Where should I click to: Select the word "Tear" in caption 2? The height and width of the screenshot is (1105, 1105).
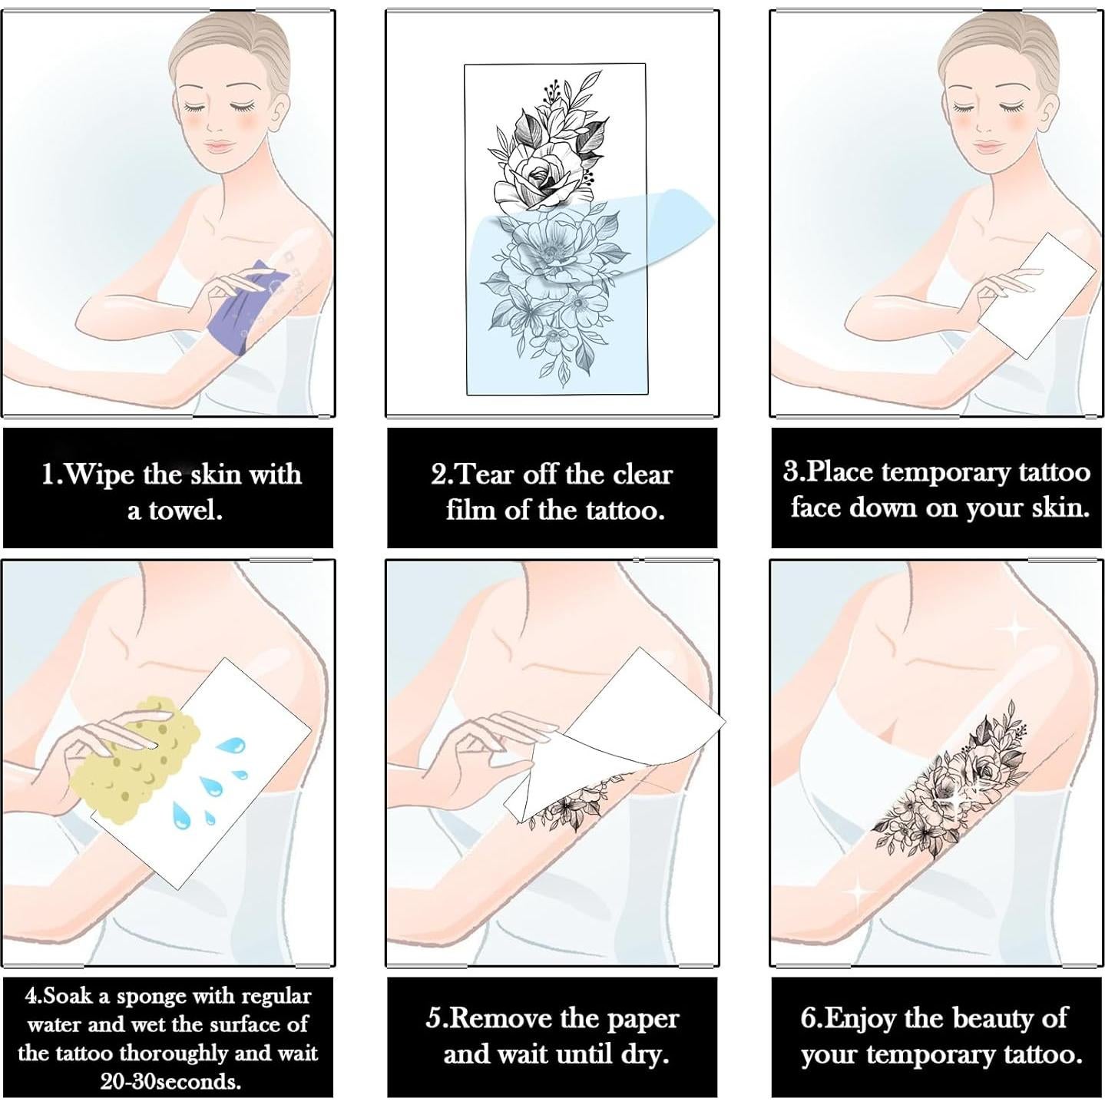click(486, 475)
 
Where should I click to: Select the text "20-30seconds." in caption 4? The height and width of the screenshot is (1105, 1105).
click(170, 1081)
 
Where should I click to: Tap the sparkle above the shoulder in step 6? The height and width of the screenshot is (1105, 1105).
click(1015, 629)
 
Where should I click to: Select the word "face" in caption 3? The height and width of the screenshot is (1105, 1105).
click(816, 508)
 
